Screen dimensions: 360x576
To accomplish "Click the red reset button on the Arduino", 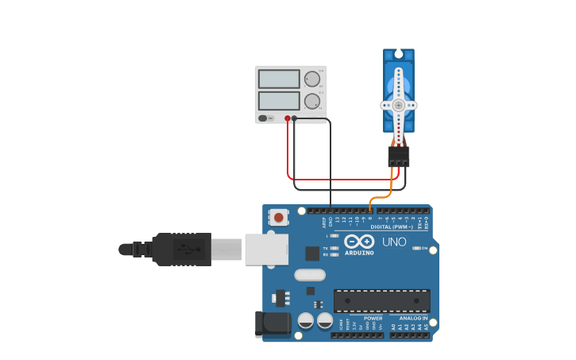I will point(278,216).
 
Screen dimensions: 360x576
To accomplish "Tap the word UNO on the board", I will point(394,242).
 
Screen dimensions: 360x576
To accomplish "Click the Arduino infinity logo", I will point(359,241).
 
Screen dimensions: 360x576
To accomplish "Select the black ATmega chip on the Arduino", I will point(381,300).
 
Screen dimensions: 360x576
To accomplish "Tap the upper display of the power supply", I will point(279,79).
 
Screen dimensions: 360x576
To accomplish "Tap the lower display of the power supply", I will point(279,100).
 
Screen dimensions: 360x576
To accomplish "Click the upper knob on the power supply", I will point(311,79).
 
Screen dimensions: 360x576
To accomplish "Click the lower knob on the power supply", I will point(311,101).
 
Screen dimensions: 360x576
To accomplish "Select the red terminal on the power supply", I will point(288,118).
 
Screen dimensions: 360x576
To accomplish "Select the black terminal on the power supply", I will point(294,118).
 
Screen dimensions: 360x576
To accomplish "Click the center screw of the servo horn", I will point(398,104).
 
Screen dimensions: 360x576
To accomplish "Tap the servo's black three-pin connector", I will point(399,156).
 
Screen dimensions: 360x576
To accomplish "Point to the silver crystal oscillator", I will point(310,275).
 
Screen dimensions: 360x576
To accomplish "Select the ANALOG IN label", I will point(412,318).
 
